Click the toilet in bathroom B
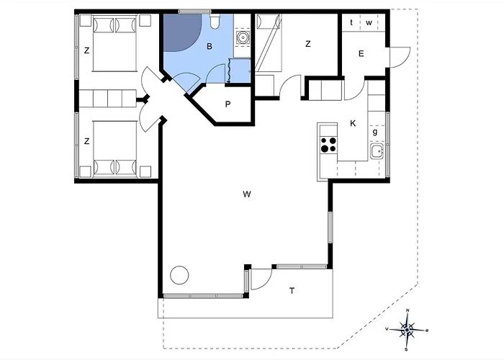click(215, 21)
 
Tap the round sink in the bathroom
click(243, 37)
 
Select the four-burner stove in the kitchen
click(328, 144)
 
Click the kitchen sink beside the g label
click(377, 151)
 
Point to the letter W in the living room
click(247, 194)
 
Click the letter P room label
click(228, 104)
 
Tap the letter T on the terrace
click(292, 291)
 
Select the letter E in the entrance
click(361, 54)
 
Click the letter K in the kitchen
click(353, 123)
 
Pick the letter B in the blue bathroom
click(210, 47)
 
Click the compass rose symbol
click(407, 330)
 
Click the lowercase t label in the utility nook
click(351, 22)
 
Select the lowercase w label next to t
click(369, 23)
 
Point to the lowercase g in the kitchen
click(375, 132)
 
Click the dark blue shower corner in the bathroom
click(180, 30)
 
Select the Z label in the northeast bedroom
click(308, 44)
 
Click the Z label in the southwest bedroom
click(86, 141)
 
